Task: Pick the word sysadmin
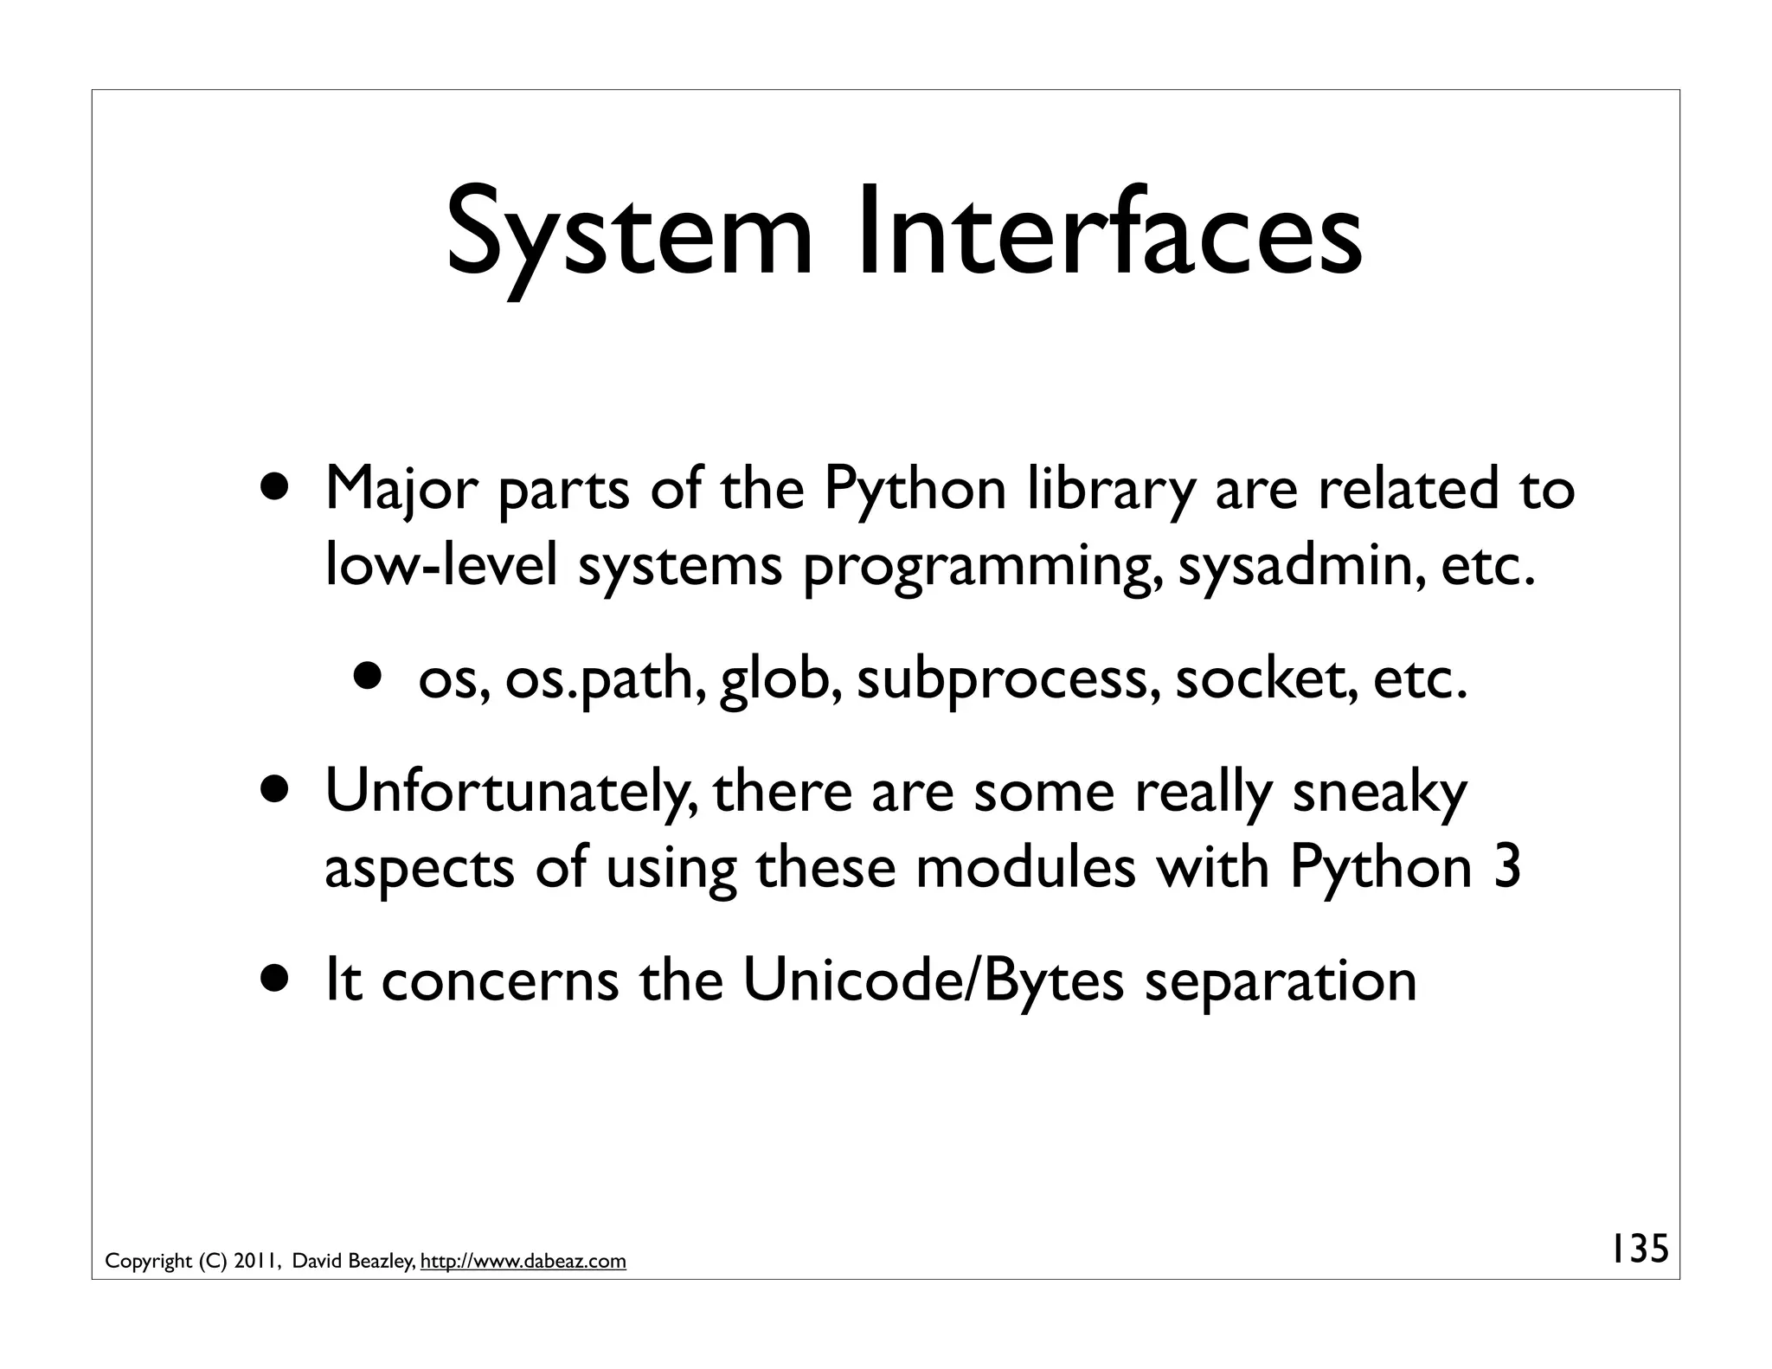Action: tap(1299, 567)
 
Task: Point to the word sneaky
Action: tap(1379, 792)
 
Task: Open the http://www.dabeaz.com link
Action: tap(523, 1262)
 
